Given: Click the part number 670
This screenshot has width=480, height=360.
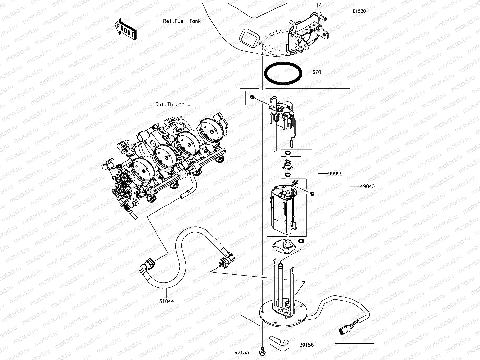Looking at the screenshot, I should pyautogui.click(x=316, y=72).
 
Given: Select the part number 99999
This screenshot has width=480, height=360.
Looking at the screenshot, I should pyautogui.click(x=335, y=174).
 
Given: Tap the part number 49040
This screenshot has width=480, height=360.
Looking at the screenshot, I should pyautogui.click(x=367, y=187).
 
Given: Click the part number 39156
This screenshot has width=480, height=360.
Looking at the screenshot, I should pyautogui.click(x=306, y=345).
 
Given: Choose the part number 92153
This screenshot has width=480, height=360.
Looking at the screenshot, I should pyautogui.click(x=242, y=352).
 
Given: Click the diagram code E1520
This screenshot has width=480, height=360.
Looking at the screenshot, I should pyautogui.click(x=359, y=11).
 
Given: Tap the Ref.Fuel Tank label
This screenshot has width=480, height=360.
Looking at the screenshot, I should pyautogui.click(x=182, y=21).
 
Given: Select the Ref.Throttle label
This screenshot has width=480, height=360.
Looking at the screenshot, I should pyautogui.click(x=173, y=104).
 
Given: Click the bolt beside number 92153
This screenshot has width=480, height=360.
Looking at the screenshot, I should pyautogui.click(x=262, y=352).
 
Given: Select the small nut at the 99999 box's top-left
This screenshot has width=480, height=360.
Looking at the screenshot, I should pyautogui.click(x=252, y=97).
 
